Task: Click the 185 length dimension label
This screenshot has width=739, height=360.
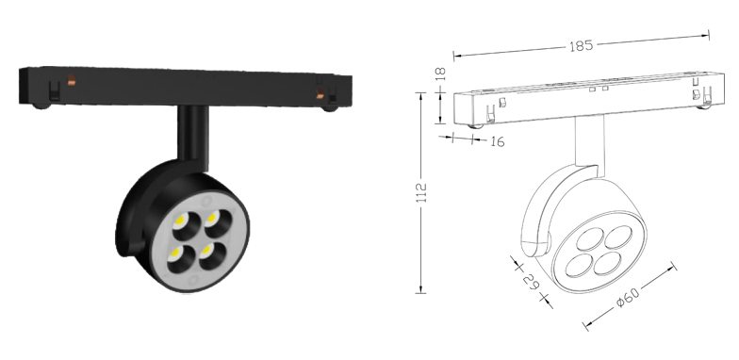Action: tap(581, 46)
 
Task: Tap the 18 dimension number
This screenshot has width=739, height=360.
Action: tap(440, 74)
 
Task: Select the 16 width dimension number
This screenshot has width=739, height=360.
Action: tap(498, 141)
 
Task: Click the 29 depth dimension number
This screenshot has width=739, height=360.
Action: tap(532, 281)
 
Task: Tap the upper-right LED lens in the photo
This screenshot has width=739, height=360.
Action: tap(219, 221)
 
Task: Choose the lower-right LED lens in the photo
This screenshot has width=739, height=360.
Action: tap(211, 254)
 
